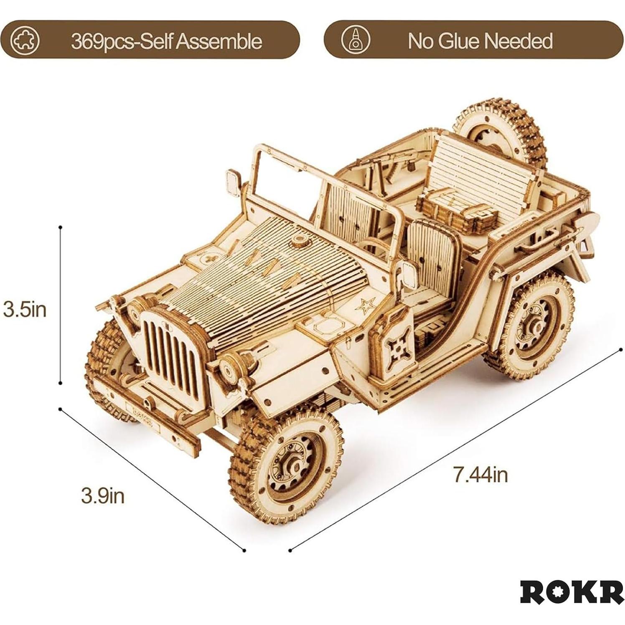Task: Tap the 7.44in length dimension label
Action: click(480, 475)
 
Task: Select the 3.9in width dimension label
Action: click(103, 496)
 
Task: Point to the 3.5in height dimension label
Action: click(25, 310)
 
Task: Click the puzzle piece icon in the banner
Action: click(25, 41)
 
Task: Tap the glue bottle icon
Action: click(356, 40)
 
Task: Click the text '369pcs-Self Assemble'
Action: click(166, 41)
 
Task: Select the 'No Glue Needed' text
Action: click(480, 41)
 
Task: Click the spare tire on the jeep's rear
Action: click(501, 130)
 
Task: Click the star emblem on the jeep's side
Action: click(365, 306)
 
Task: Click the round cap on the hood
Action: click(299, 240)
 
